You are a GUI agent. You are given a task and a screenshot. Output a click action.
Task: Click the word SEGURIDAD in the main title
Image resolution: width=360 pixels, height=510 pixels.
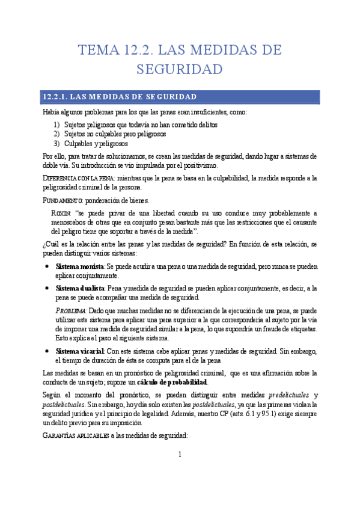180,69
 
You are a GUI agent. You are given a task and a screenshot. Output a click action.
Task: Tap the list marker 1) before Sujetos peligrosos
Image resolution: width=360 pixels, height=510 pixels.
57,124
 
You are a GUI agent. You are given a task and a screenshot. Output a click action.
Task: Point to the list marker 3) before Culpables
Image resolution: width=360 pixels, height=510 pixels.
57,144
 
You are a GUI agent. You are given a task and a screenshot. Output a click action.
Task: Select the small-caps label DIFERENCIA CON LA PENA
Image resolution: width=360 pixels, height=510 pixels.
79,179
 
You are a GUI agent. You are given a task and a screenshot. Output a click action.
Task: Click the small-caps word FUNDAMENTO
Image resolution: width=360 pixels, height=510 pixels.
63,200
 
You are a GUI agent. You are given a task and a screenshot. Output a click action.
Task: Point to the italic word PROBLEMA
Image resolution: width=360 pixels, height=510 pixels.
71,310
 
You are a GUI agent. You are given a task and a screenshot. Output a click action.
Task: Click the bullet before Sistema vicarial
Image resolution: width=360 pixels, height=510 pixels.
47,351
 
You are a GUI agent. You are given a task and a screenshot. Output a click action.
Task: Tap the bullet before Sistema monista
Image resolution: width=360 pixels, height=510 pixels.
47,265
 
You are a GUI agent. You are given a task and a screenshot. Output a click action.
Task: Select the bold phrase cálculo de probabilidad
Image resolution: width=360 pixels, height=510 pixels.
175,382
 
